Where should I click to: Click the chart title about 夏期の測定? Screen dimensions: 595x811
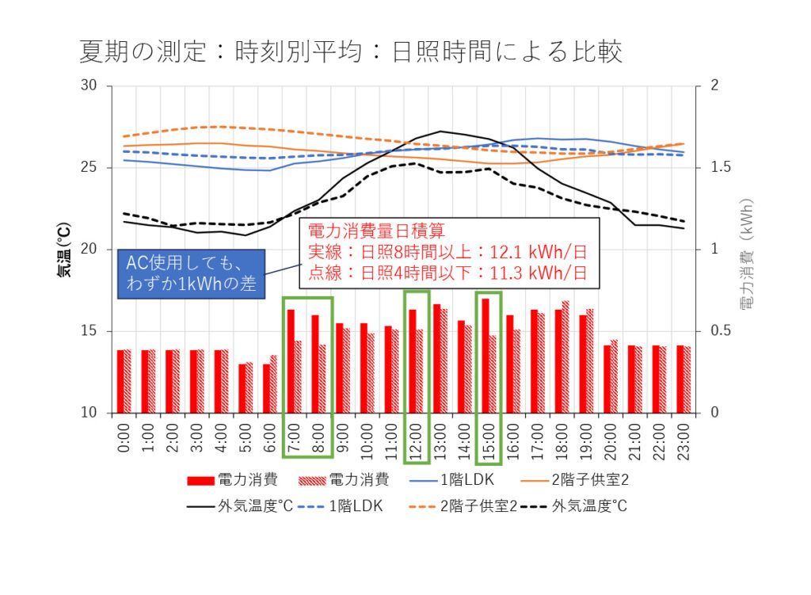(x=351, y=51)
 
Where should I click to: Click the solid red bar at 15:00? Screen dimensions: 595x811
(x=485, y=355)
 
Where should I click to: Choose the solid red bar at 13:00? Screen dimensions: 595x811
(x=437, y=358)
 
